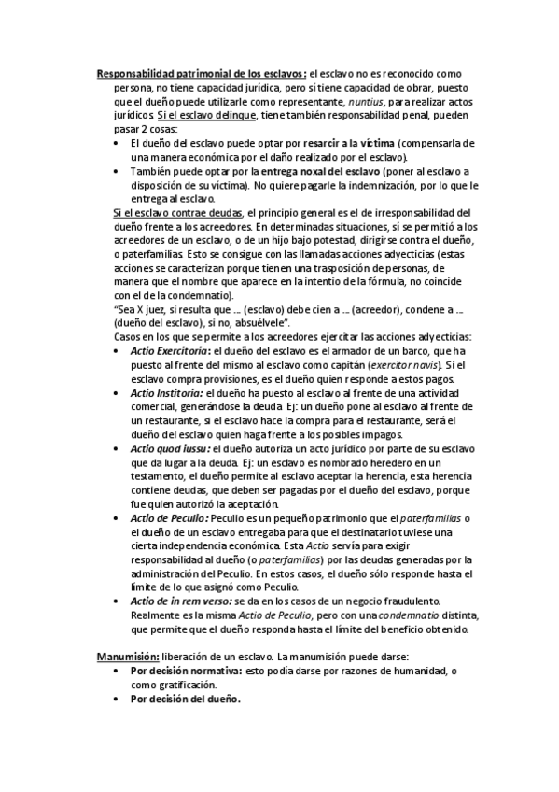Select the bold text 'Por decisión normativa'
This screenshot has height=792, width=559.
(185, 671)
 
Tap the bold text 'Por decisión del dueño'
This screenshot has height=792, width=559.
(185, 699)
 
